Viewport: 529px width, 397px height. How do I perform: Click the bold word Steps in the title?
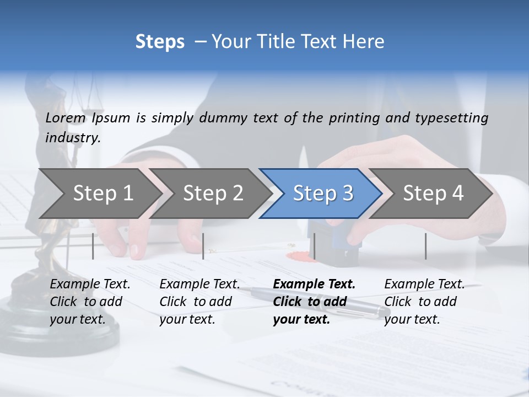[x=160, y=42]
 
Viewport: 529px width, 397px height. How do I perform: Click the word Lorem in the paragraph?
[x=66, y=118]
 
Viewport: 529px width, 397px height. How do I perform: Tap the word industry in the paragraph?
[x=73, y=138]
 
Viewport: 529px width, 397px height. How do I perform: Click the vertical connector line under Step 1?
[x=93, y=246]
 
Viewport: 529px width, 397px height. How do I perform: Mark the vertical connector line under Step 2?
[x=203, y=246]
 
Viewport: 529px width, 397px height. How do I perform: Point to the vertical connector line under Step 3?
[x=314, y=246]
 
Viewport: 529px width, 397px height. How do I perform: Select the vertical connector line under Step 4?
[x=425, y=246]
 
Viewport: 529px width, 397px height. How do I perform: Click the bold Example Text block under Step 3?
[x=314, y=302]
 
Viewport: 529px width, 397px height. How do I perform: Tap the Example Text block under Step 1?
[x=90, y=302]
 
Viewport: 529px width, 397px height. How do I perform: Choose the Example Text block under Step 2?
[x=199, y=302]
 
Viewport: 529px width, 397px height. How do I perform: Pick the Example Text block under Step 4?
[x=424, y=302]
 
